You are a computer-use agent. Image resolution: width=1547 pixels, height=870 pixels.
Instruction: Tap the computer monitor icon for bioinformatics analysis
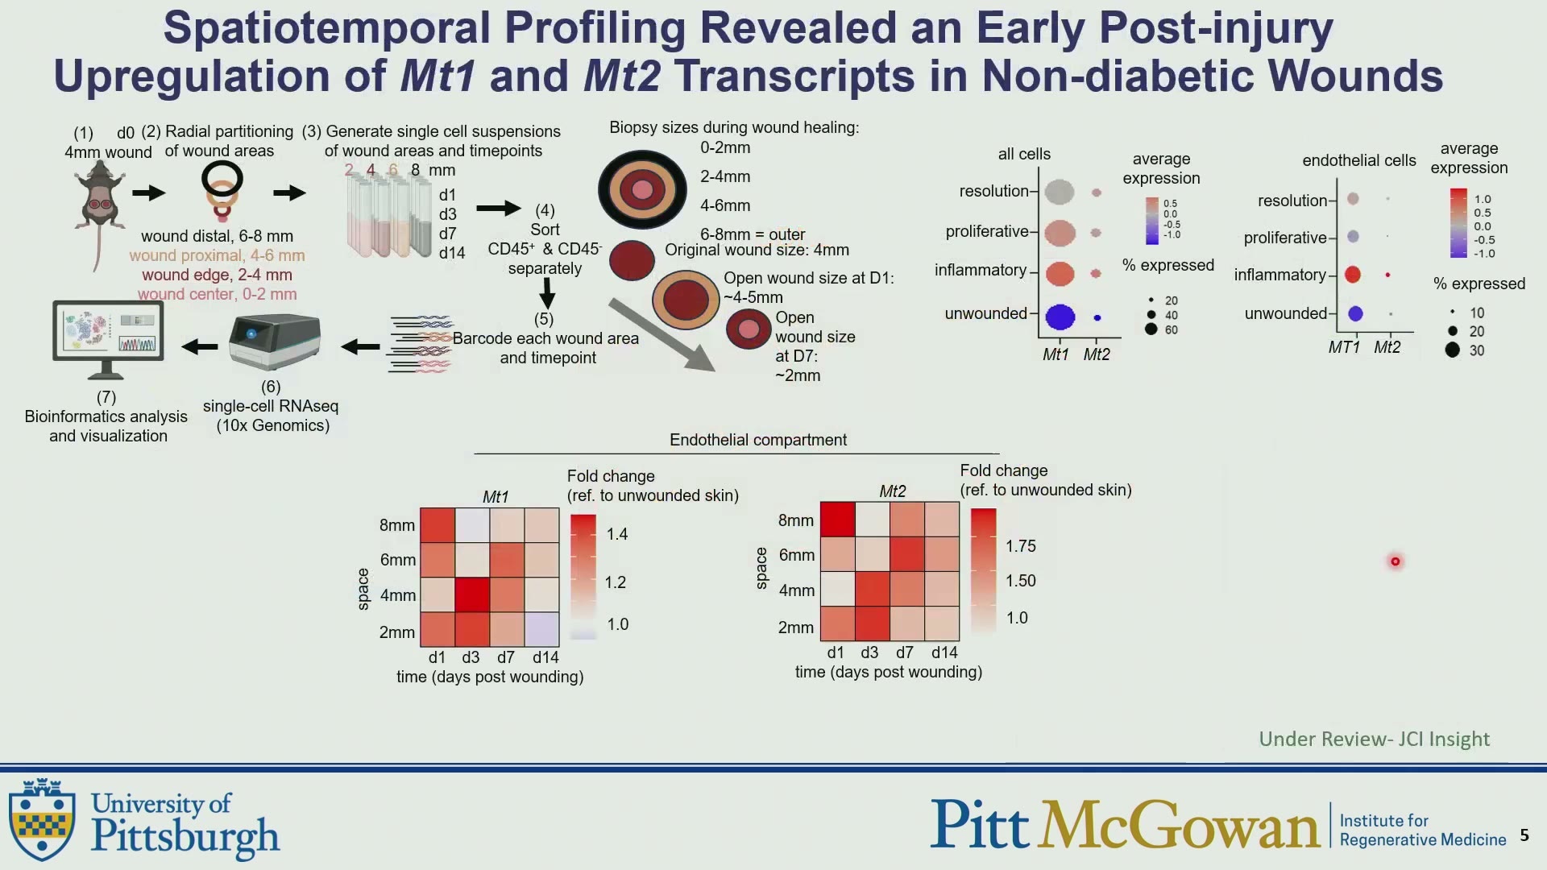(x=108, y=339)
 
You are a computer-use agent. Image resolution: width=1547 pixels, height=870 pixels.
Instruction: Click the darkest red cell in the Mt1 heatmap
(x=472, y=595)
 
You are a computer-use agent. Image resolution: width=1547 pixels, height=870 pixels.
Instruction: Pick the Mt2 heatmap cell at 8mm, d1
(x=837, y=520)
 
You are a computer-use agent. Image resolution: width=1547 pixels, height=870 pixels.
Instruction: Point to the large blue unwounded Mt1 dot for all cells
(x=1060, y=317)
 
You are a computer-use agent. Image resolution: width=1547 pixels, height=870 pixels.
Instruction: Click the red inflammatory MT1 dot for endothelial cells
(x=1353, y=275)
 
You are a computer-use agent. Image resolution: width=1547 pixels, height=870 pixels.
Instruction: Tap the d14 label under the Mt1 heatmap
(x=545, y=657)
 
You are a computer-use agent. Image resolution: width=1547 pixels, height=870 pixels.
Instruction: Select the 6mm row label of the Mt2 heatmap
(x=797, y=555)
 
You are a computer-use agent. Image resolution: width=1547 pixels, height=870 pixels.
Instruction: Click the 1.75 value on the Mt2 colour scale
(x=1021, y=546)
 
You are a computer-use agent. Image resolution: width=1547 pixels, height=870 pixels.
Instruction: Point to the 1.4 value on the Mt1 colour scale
(x=617, y=534)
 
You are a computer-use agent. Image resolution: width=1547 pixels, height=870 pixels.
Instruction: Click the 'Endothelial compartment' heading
(x=758, y=440)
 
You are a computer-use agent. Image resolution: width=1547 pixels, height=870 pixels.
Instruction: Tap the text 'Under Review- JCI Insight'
(x=1375, y=739)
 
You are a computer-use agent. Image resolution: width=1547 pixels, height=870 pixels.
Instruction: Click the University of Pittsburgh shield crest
(x=43, y=819)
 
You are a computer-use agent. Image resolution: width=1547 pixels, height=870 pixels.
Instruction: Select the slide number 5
(x=1524, y=835)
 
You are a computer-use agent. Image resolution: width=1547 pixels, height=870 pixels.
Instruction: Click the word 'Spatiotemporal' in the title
(x=327, y=28)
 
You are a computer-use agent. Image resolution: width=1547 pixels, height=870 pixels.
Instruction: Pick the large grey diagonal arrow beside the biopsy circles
(x=662, y=335)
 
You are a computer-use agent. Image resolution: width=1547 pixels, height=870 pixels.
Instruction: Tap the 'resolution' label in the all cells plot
(x=993, y=191)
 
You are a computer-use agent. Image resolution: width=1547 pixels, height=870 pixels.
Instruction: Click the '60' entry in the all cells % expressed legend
(x=1172, y=329)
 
